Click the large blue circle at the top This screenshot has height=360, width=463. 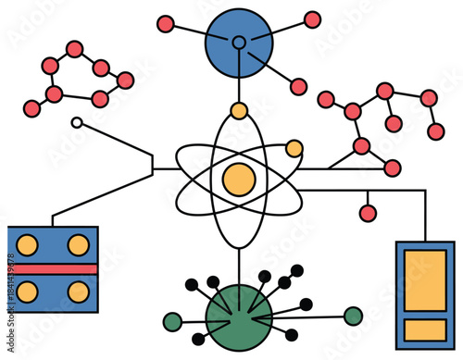tap(239, 42)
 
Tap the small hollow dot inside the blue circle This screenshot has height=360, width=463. tap(239, 42)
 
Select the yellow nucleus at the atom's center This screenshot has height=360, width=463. tap(239, 178)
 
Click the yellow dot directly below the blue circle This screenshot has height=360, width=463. tap(239, 112)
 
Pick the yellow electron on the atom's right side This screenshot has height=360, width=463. tap(294, 148)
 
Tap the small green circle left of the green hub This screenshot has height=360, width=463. tap(172, 322)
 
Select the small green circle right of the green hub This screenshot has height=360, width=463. tap(353, 316)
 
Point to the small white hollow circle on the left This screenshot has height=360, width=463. tap(77, 121)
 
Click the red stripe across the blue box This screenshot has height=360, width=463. tap(53, 269)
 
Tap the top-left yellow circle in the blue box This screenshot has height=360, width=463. tap(29, 245)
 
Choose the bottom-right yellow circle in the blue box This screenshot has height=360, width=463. tap(79, 292)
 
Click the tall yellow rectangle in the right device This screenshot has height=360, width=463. tap(425, 280)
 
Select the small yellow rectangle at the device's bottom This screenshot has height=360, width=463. tap(425, 329)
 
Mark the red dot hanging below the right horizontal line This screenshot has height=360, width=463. tap(368, 214)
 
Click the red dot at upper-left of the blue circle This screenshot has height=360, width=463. tap(166, 23)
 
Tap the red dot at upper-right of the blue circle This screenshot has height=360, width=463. tap(312, 19)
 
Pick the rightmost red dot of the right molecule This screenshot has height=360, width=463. tap(436, 131)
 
